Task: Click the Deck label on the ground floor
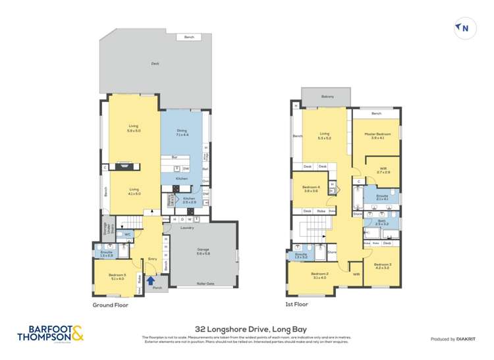click(x=155, y=64)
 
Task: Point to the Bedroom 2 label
click(x=319, y=275)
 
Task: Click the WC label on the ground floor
click(x=127, y=233)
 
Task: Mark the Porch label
click(x=157, y=288)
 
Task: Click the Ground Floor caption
click(x=111, y=305)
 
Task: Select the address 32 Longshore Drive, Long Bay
click(x=246, y=328)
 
